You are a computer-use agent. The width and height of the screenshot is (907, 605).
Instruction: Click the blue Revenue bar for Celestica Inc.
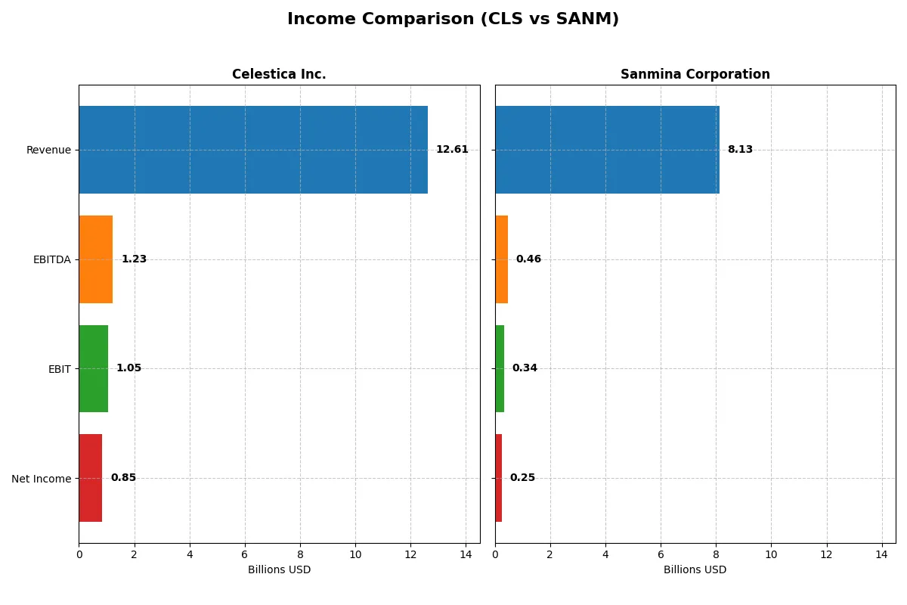253,150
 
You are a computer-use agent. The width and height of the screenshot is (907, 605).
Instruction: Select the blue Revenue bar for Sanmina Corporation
607,150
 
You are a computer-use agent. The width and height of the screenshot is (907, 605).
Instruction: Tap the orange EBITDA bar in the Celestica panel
96,259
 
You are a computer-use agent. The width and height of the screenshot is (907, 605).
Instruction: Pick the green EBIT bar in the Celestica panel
94,369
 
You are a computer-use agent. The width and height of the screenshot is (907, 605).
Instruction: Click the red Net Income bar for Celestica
91,478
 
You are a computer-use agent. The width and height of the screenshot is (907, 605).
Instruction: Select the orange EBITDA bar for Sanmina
502,259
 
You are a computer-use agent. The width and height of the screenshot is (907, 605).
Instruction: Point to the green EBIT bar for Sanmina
500,369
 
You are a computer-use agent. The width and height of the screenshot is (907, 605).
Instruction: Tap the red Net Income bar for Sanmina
499,478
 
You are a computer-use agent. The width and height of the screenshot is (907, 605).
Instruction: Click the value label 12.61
452,150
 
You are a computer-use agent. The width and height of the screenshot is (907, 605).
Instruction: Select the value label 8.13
740,150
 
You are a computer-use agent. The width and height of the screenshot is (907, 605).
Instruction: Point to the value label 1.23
134,259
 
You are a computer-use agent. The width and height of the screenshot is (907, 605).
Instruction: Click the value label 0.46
528,259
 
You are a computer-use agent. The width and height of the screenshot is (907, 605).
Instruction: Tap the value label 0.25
522,478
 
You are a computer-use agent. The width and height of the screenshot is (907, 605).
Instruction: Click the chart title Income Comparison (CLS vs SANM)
453,20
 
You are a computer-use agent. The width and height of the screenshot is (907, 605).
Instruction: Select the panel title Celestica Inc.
279,75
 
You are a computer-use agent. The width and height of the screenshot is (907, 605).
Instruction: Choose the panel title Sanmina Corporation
695,75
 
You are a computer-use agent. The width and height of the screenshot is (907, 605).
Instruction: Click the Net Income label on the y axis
41,479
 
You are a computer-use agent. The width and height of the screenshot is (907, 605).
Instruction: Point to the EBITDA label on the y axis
51,260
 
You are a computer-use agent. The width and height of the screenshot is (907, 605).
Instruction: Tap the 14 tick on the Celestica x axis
466,554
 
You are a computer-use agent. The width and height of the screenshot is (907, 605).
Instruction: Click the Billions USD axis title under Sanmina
695,570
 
